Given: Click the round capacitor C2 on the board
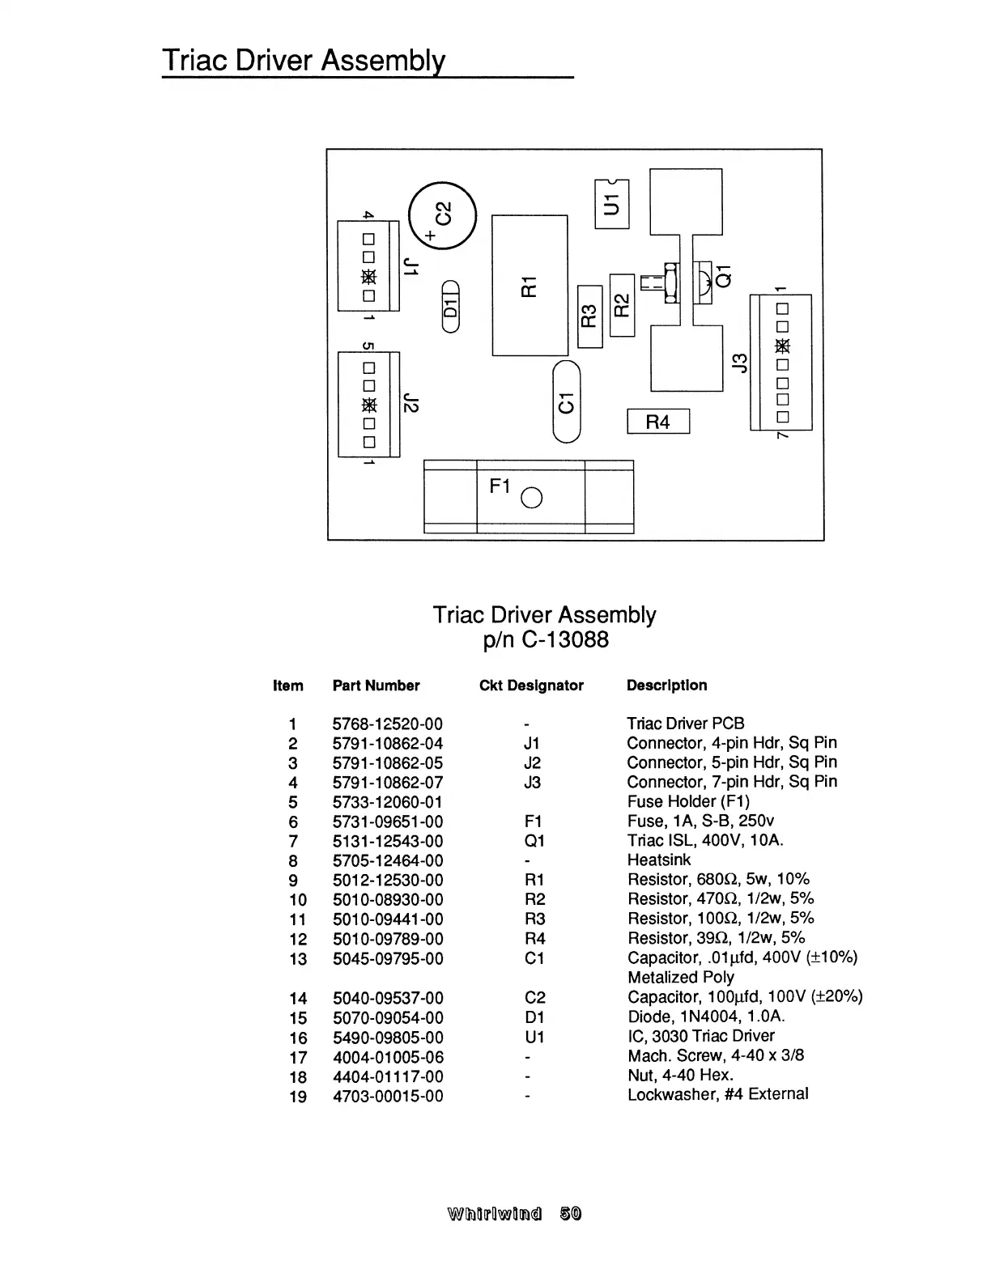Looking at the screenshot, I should tap(443, 215).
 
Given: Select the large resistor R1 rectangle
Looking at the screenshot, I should tap(530, 285).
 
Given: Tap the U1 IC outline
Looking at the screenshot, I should tap(612, 204).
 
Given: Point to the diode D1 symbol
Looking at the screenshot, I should tap(451, 306).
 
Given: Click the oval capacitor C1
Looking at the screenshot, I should tap(567, 402).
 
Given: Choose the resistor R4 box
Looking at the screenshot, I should tap(658, 422).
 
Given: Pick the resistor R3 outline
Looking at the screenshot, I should tap(590, 316).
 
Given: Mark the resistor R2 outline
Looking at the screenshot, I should tap(622, 304).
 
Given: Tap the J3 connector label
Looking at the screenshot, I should tap(738, 363).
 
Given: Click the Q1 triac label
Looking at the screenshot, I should tap(725, 276).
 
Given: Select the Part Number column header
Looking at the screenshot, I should tap(376, 686).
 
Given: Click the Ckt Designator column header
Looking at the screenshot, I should tap(531, 686).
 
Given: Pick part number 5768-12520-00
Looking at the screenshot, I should tap(388, 724).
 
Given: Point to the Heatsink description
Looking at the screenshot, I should tap(659, 860).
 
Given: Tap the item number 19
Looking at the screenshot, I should tap(298, 1097).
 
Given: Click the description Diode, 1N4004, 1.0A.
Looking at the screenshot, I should tap(706, 1017).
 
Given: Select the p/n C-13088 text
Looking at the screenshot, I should tap(545, 640).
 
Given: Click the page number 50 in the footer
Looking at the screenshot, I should tap(570, 1213).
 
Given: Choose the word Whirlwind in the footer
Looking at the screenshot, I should tap(494, 1213).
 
